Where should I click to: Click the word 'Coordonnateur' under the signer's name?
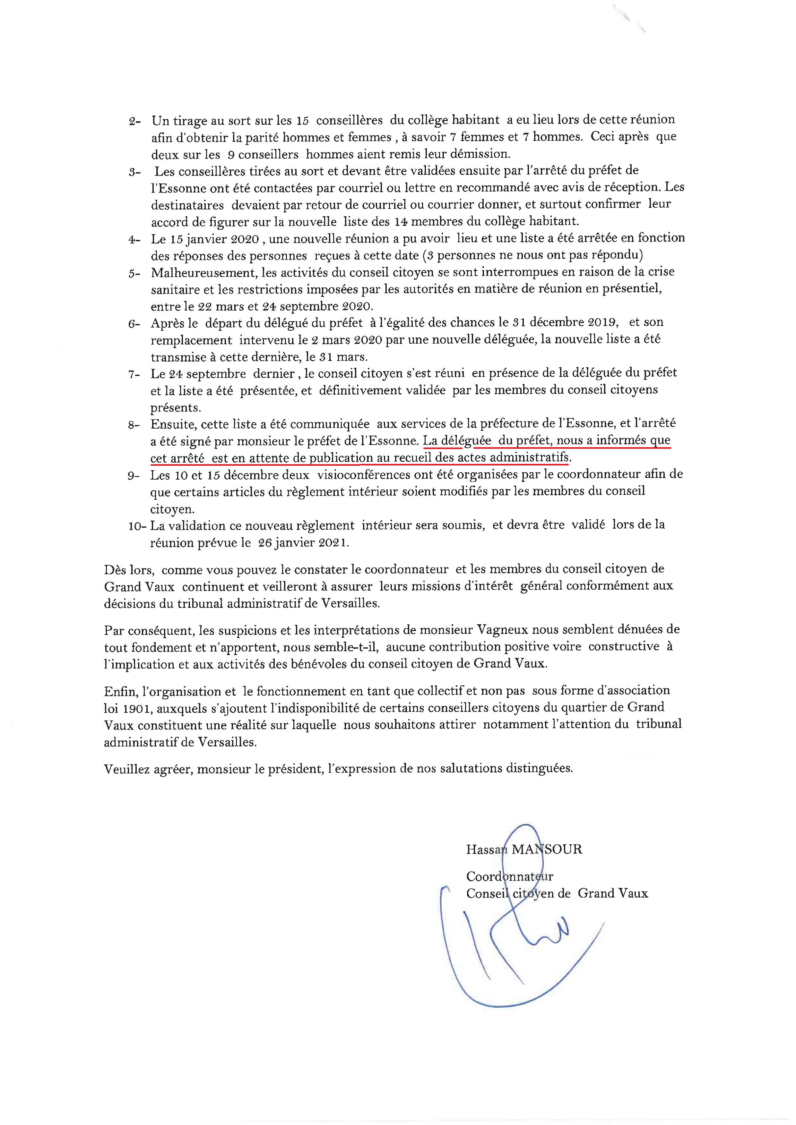pos(510,876)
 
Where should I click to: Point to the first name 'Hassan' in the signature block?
pos(486,849)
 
